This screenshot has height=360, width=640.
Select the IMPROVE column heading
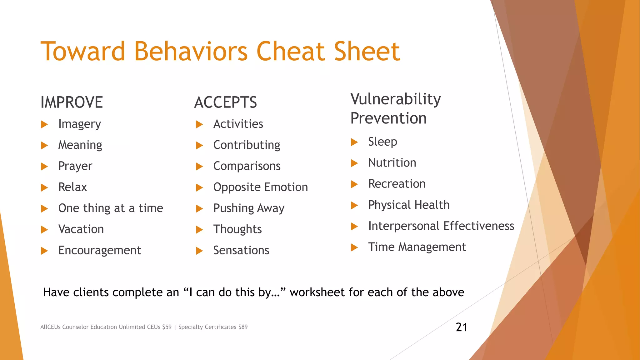[x=72, y=102]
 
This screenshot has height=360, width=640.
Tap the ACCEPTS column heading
[x=225, y=102]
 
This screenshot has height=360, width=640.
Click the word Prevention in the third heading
[x=388, y=118]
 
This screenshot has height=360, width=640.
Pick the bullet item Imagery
[x=79, y=124]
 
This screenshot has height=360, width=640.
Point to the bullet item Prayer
[x=75, y=166]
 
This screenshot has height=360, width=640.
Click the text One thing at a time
[x=111, y=208]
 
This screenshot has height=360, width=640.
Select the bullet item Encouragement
[x=99, y=250]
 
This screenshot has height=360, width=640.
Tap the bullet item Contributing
[x=247, y=145]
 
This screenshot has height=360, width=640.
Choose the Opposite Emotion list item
[x=260, y=187]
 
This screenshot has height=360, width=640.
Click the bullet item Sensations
[x=241, y=250]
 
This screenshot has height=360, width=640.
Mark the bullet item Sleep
[x=382, y=142]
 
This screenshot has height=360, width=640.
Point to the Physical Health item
[x=409, y=205]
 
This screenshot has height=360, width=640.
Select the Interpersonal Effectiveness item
[x=441, y=226]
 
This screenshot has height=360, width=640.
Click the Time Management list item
[x=417, y=247]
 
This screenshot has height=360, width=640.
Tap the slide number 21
[x=462, y=327]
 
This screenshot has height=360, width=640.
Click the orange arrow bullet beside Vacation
[x=44, y=230]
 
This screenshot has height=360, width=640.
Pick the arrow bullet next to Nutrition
[x=354, y=163]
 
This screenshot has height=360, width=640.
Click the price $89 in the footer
[x=243, y=327]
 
